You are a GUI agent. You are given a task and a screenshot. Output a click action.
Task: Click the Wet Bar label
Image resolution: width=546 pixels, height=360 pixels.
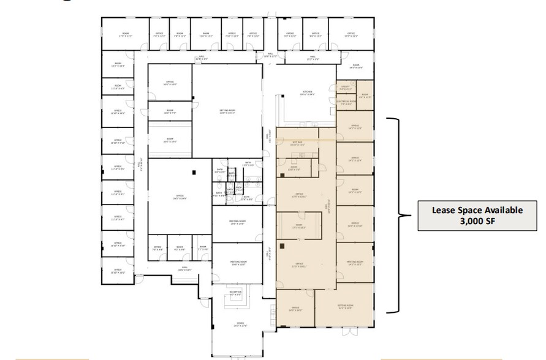click(298, 143)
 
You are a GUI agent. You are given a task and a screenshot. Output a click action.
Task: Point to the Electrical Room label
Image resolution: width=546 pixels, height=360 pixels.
click(346, 102)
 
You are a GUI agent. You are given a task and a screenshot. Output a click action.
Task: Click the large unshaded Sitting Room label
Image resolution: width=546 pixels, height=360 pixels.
click(227, 112)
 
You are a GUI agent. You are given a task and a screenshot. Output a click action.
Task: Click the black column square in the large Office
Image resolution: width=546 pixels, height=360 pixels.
click(194, 174)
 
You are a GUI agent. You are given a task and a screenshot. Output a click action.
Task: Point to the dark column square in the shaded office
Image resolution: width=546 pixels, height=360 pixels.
click(281, 246)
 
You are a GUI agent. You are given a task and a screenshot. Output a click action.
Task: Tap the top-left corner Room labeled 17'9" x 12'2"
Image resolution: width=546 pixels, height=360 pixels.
click(125, 35)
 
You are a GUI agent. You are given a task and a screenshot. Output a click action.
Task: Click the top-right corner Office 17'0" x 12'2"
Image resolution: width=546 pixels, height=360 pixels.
click(351, 35)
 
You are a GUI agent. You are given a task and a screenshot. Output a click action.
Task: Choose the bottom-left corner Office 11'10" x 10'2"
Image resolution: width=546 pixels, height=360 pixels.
click(117, 271)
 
